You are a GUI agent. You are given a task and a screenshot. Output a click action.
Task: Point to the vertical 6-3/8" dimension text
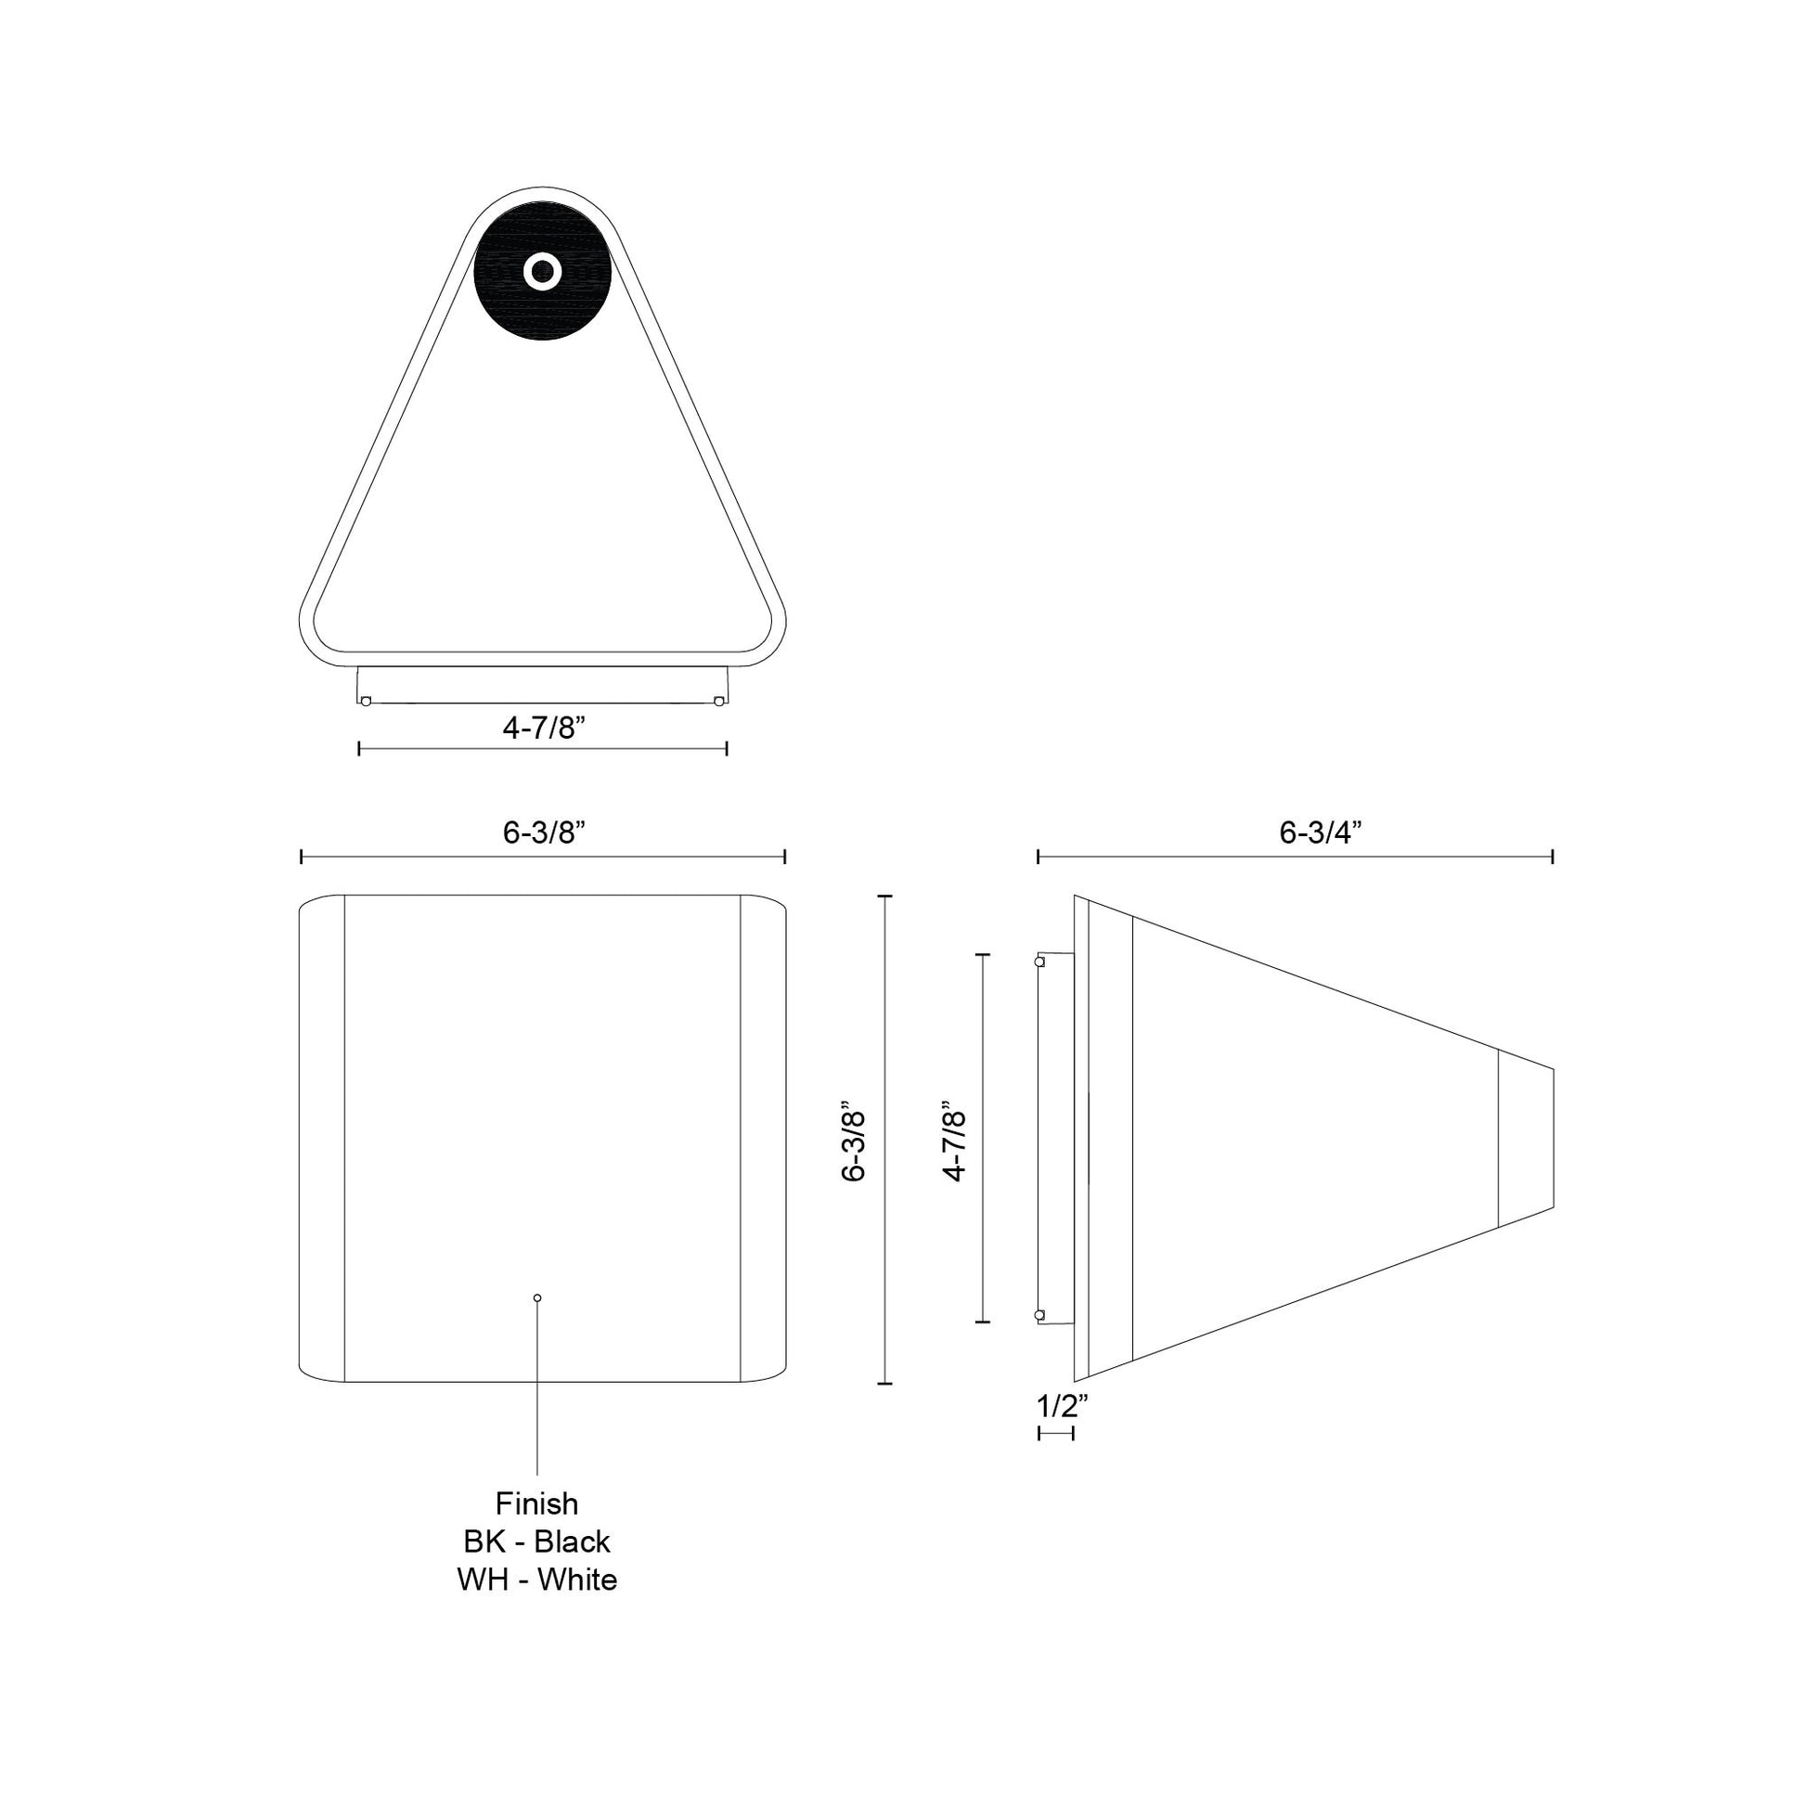(x=854, y=1146)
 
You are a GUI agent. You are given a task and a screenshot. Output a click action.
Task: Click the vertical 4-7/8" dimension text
(x=953, y=1146)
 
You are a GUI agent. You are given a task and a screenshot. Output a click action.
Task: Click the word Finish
(x=536, y=1504)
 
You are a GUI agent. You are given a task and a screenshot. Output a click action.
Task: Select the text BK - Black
(x=536, y=1542)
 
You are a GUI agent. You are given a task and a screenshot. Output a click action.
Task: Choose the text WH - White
(x=536, y=1580)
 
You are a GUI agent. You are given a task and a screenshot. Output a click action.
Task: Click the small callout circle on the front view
(x=536, y=1297)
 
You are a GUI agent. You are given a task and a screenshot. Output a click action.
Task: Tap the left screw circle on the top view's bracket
(x=366, y=701)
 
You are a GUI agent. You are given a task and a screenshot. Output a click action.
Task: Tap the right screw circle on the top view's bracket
(x=717, y=701)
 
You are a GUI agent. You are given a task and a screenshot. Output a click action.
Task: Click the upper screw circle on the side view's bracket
(x=1039, y=961)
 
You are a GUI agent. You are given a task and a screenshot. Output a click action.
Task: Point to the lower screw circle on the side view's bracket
(x=1039, y=1314)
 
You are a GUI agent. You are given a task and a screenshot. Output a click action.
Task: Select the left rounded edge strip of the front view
(x=321, y=1138)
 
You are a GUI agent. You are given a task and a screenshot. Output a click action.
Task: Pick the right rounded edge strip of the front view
(x=762, y=1138)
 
